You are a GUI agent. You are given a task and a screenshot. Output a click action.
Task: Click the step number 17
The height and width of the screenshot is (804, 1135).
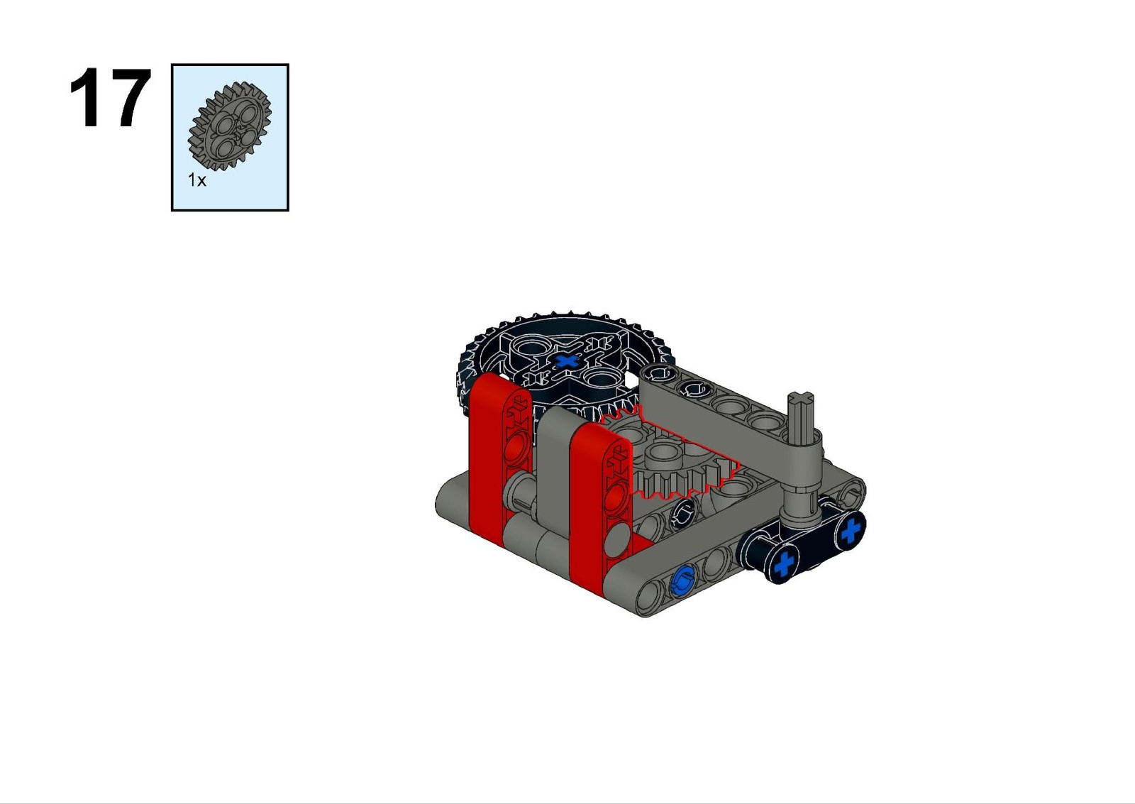110,98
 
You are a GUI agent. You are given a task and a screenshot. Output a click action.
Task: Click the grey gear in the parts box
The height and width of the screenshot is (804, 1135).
230,127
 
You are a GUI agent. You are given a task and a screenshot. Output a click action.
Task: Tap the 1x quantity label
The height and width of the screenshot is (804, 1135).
197,180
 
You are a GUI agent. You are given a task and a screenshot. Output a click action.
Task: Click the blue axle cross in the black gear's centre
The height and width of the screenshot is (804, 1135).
567,361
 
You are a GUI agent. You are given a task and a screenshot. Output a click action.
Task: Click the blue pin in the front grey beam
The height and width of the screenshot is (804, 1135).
682,580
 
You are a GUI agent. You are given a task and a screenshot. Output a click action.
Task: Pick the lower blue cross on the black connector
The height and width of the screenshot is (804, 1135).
785,564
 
